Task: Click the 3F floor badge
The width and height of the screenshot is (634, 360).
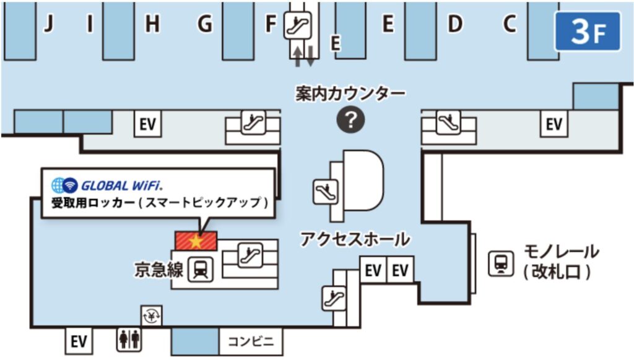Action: pos(588,31)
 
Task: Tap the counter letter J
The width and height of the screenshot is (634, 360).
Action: pos(48,24)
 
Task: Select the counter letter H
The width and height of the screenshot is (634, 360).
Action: pos(152,24)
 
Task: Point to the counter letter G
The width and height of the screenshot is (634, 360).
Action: pos(204,24)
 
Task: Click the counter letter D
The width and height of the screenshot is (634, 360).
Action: pos(455,24)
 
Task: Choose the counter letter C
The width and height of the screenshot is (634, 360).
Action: pos(510,24)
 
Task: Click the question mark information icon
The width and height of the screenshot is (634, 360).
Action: pos(350,120)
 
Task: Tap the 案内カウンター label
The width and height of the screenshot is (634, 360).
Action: pos(350,94)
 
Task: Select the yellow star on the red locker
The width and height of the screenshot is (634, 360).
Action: pos(196,241)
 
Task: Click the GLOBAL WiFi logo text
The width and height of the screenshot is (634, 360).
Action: pos(122,186)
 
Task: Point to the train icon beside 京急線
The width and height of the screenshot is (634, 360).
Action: pos(201,269)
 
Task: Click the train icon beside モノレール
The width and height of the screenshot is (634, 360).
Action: pos(501,264)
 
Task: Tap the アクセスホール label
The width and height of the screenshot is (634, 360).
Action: pos(355,239)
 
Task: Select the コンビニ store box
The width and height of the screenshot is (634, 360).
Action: pos(251,341)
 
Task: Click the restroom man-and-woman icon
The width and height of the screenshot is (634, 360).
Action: pos(129,339)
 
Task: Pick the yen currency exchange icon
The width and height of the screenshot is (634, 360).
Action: pos(152,315)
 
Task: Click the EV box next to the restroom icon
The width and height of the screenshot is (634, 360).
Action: pos(79,341)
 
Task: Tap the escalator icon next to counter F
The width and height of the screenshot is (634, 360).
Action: pos(297,25)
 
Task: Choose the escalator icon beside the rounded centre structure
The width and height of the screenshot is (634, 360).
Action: pos(326,191)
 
